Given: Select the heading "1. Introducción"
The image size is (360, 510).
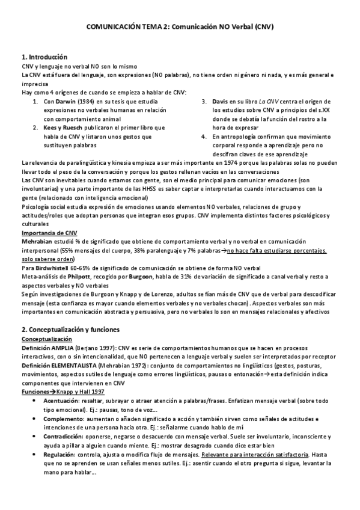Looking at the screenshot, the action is point(44,57).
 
